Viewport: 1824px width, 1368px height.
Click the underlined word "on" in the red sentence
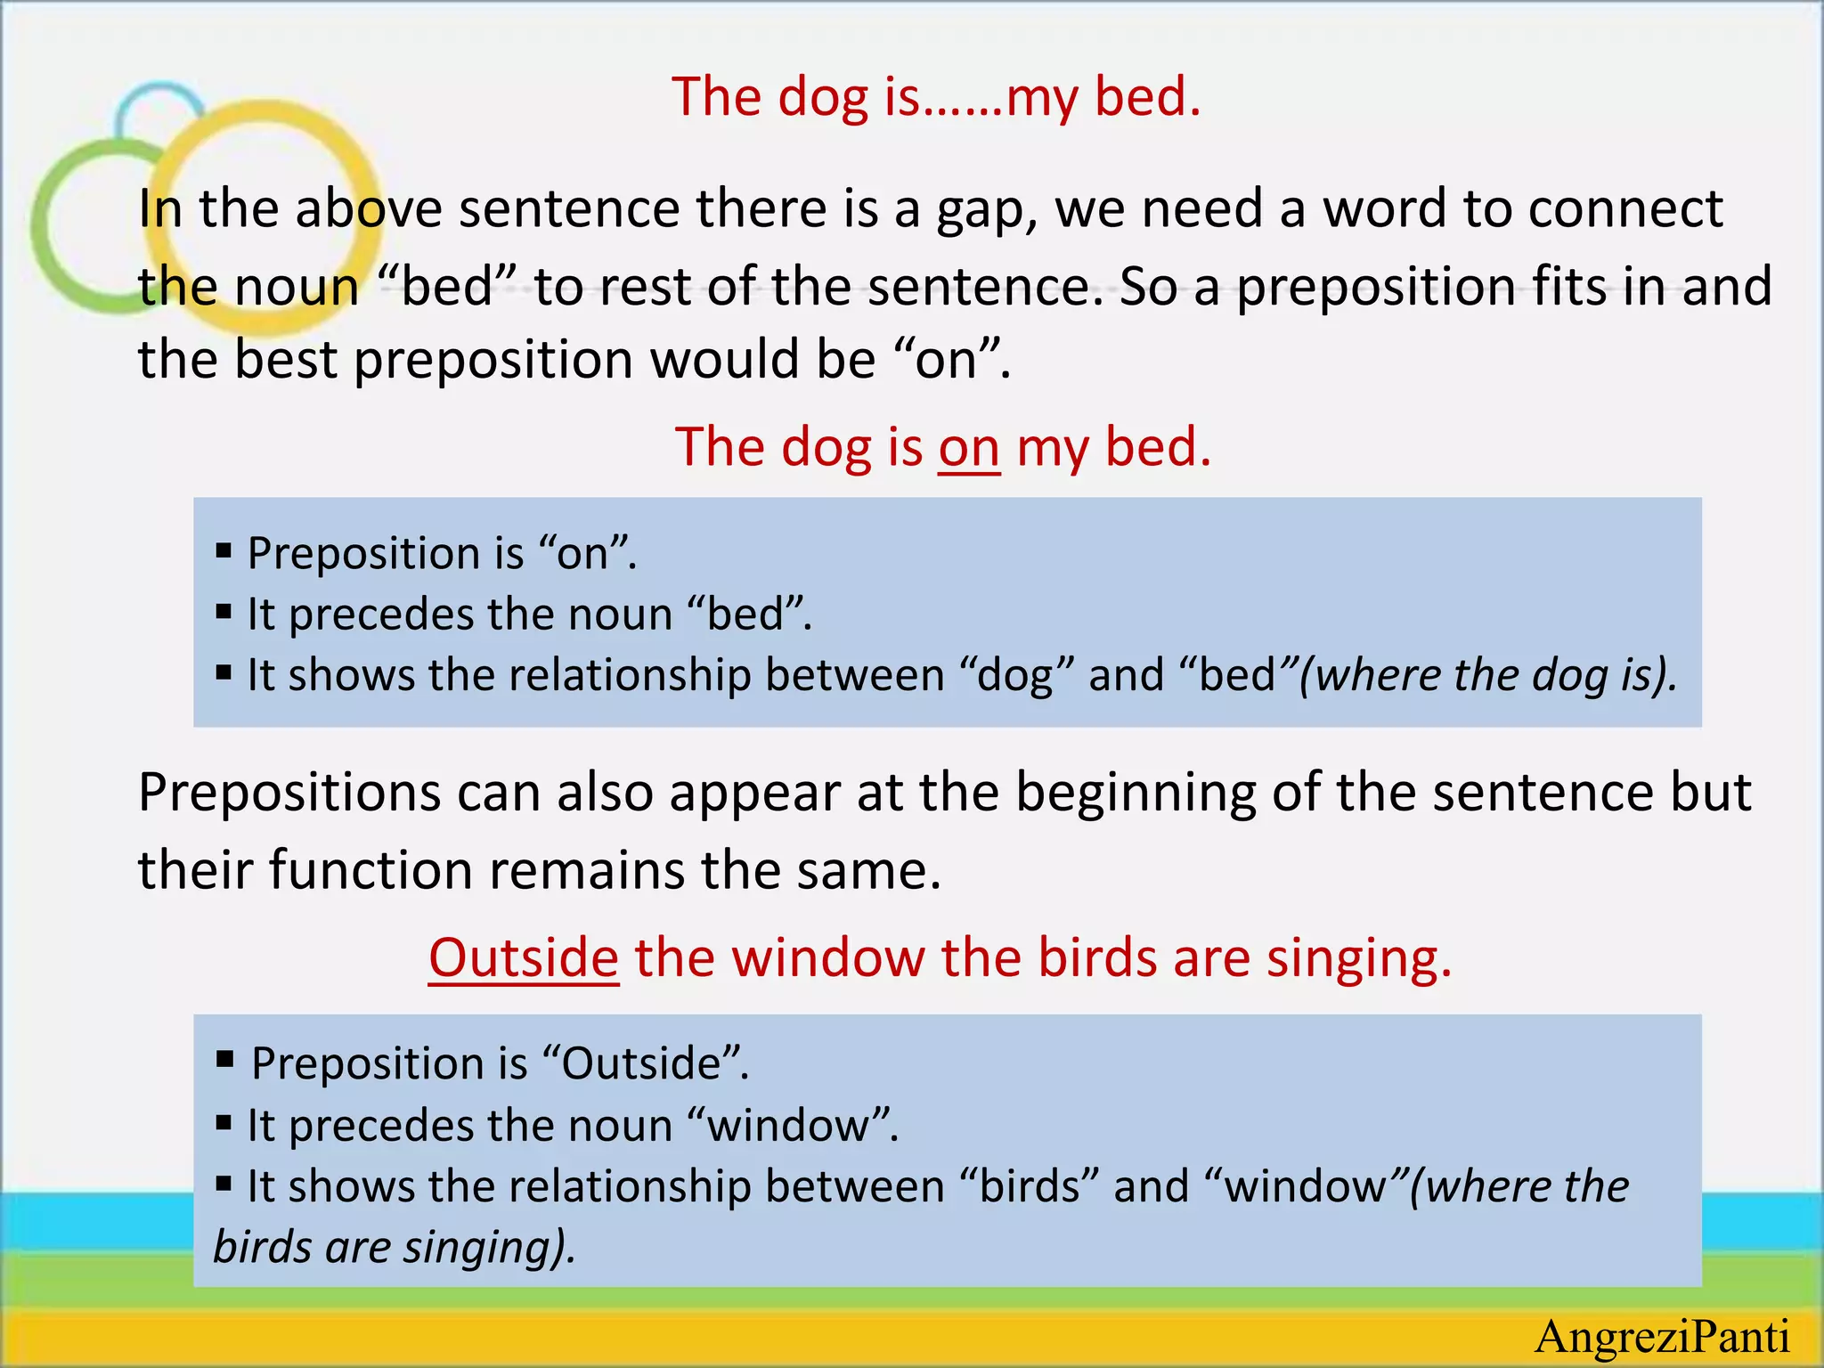pyautogui.click(x=969, y=448)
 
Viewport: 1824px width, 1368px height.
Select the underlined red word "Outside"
pyautogui.click(x=524, y=958)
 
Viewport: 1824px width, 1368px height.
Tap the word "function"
pyautogui.click(x=370, y=870)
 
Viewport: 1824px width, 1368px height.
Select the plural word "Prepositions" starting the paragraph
pyautogui.click(x=289, y=794)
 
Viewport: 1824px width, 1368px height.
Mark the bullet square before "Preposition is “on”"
pyautogui.click(x=224, y=551)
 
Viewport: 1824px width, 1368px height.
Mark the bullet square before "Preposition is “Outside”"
pyautogui.click(x=224, y=1060)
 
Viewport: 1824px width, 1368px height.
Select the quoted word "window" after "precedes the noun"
pyautogui.click(x=787, y=1126)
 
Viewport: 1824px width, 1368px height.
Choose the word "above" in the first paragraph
pyautogui.click(x=368, y=209)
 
